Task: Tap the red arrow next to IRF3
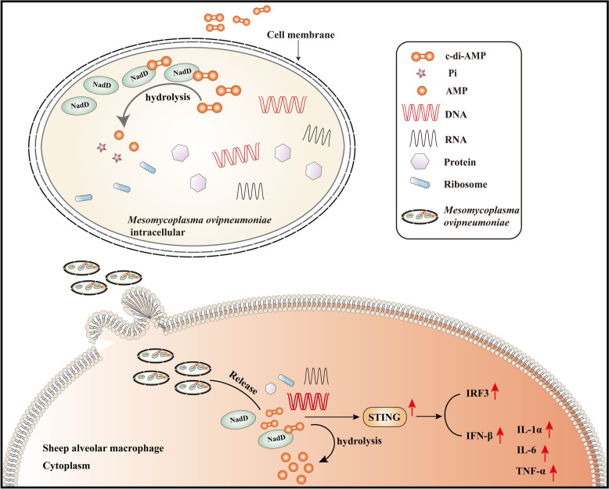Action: point(495,391)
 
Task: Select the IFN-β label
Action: point(477,437)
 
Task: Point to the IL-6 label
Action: point(526,451)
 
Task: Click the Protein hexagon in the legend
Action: point(420,160)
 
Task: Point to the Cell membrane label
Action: point(301,35)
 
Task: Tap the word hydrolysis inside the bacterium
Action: point(168,97)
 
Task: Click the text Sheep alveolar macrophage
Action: point(103,449)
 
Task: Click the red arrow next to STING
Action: point(413,409)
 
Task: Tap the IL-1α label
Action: point(528,430)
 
